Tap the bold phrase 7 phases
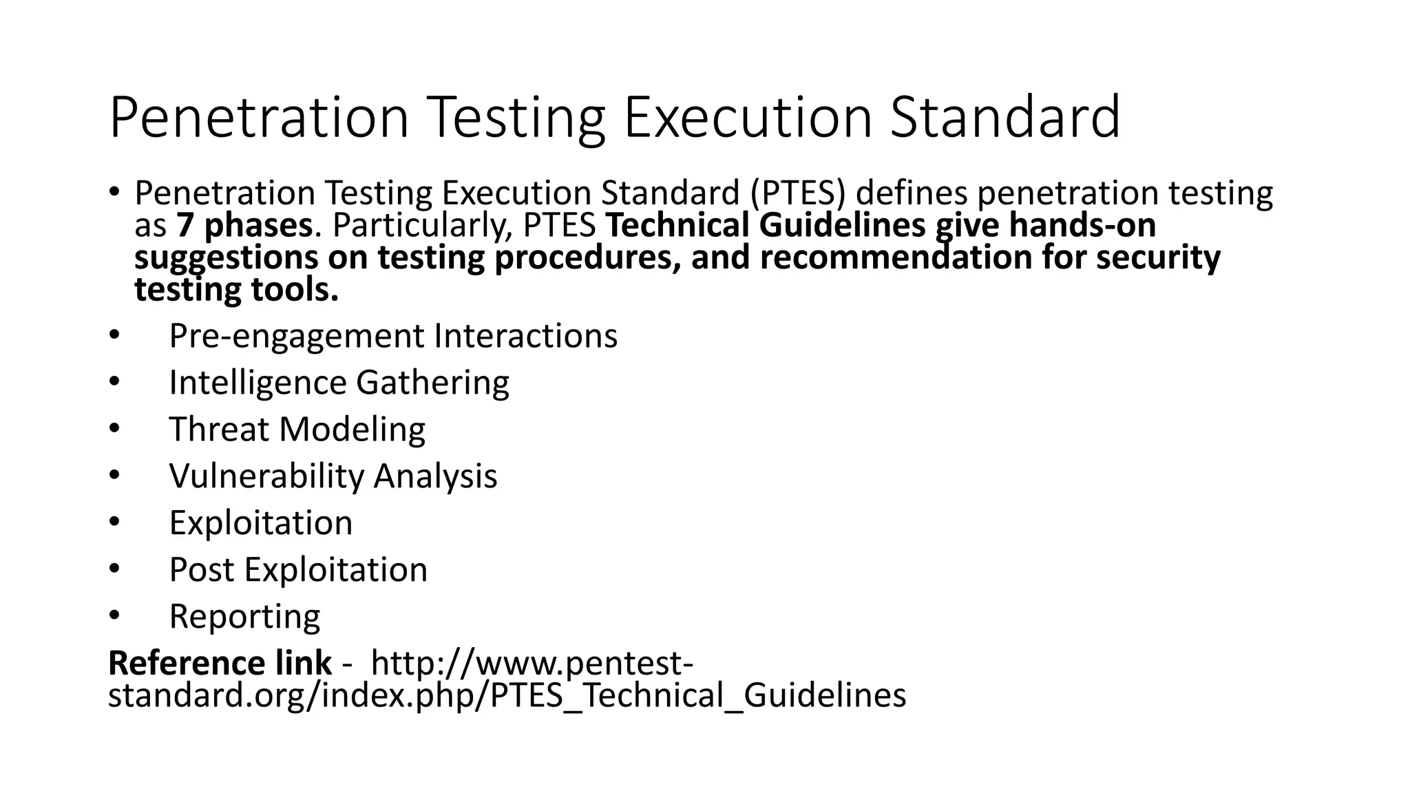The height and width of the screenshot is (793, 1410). click(x=244, y=225)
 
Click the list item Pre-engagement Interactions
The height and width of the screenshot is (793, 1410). click(x=393, y=336)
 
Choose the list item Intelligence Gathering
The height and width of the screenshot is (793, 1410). click(x=339, y=383)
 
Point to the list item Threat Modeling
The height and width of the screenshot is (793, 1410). click(x=297, y=430)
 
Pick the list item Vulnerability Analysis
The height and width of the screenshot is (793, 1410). click(x=333, y=476)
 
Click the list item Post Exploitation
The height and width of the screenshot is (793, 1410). click(x=298, y=570)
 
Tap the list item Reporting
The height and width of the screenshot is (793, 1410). click(x=244, y=617)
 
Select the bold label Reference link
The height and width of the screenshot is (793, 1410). click(x=220, y=664)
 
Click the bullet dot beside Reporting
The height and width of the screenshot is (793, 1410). click(x=114, y=614)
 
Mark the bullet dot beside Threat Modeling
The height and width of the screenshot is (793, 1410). click(x=114, y=427)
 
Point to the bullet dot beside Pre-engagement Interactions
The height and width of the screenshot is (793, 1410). click(x=114, y=335)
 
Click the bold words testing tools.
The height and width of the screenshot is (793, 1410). click(x=236, y=290)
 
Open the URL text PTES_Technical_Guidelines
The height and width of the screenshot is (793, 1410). click(x=698, y=695)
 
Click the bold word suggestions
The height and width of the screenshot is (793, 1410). click(x=226, y=257)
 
